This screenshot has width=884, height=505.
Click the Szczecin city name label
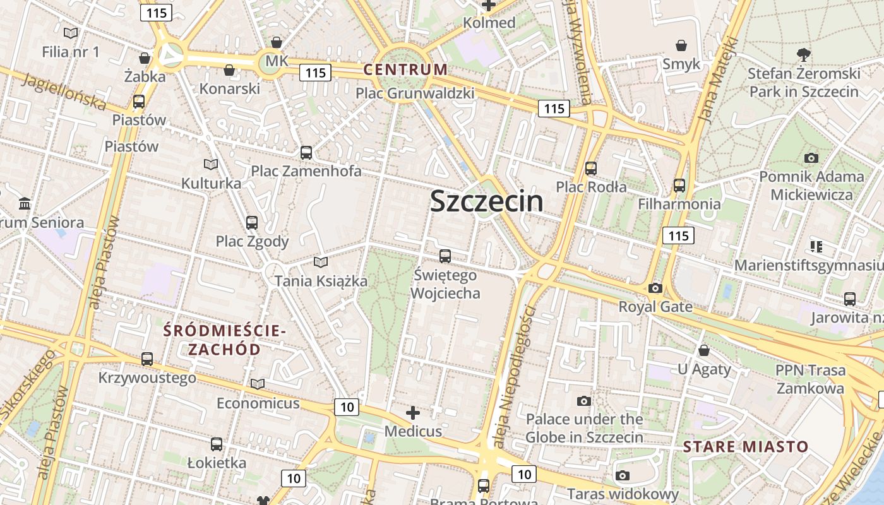point(486,201)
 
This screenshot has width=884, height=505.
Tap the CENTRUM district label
point(405,69)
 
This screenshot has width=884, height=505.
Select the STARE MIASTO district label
point(745,447)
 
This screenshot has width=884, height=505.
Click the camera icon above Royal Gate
point(655,288)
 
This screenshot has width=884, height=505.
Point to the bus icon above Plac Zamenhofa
point(306,152)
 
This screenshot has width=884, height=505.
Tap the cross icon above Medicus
point(413,413)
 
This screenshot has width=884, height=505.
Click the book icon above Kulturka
point(211,165)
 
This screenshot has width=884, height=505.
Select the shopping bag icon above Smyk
point(681,45)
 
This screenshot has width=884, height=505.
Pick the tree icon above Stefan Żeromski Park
point(804,55)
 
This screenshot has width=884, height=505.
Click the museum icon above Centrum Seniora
point(25,204)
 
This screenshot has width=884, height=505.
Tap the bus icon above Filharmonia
point(679,186)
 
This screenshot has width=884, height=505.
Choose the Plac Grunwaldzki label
point(415,93)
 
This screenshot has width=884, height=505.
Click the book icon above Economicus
point(258,384)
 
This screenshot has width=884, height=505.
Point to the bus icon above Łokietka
point(217,444)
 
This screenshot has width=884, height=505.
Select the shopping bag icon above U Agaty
point(703,350)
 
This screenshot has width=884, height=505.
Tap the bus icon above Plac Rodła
point(591,169)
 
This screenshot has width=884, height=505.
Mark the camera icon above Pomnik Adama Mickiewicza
point(811,158)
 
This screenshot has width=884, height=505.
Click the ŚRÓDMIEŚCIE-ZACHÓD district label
point(225,340)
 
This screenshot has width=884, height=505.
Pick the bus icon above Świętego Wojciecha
point(445,256)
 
